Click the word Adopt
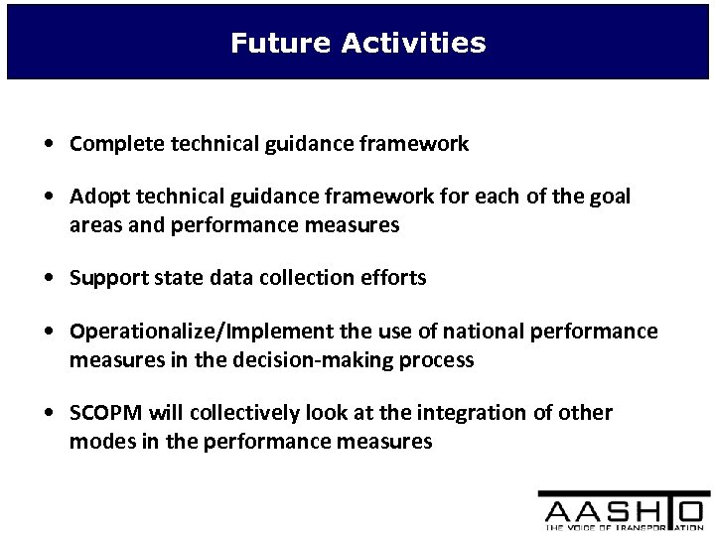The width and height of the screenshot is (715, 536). (96, 197)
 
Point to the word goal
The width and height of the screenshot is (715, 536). (609, 197)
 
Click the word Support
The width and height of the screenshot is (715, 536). (105, 278)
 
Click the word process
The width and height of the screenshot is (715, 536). (438, 359)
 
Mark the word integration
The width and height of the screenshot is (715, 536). (452, 412)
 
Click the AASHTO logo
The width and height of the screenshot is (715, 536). (624, 511)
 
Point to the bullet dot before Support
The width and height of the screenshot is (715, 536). (50, 279)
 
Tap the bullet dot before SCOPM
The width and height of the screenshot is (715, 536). (50, 413)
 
